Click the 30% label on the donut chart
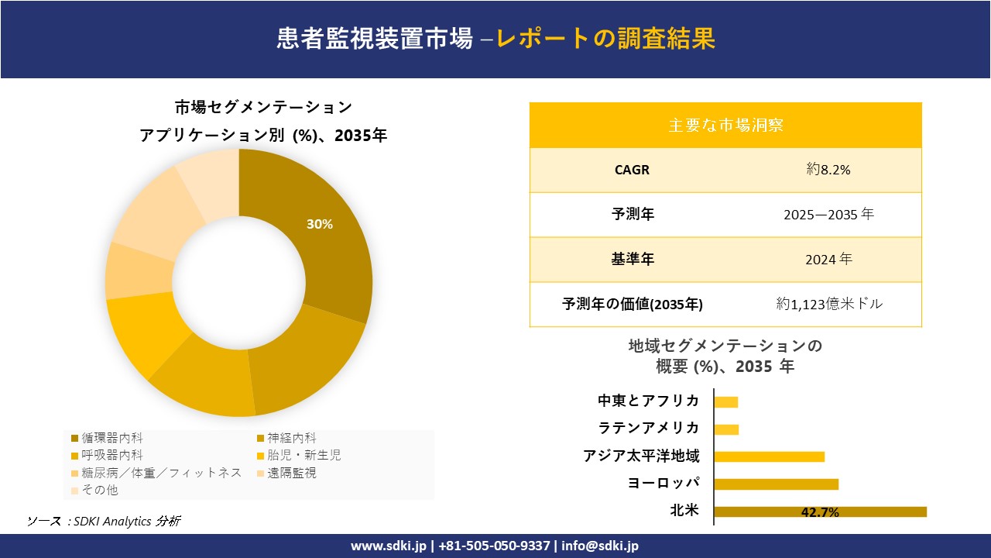(x=319, y=225)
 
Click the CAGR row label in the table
(x=633, y=170)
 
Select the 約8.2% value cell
(x=828, y=170)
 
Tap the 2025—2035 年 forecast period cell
(x=828, y=215)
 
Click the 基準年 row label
(x=633, y=260)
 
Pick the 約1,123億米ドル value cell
(x=829, y=305)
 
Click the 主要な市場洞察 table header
(x=725, y=125)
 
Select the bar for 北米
(x=820, y=511)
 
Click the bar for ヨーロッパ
(x=776, y=484)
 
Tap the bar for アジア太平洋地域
(x=769, y=456)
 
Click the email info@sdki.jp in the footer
(x=601, y=546)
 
